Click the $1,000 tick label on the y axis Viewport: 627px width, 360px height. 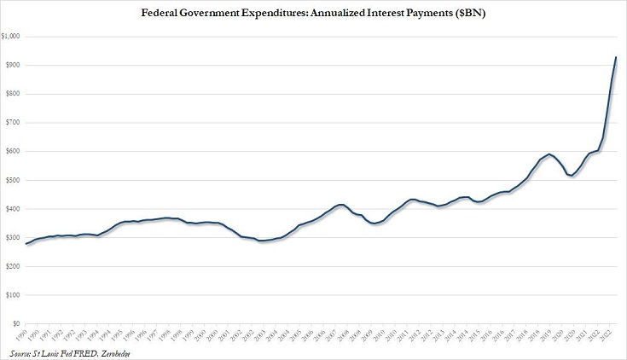click(12, 37)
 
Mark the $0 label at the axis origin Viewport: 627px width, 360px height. click(17, 323)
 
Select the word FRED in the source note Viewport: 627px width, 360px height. click(85, 352)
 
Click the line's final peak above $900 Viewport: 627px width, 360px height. click(616, 57)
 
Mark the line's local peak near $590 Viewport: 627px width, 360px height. click(502, 154)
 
